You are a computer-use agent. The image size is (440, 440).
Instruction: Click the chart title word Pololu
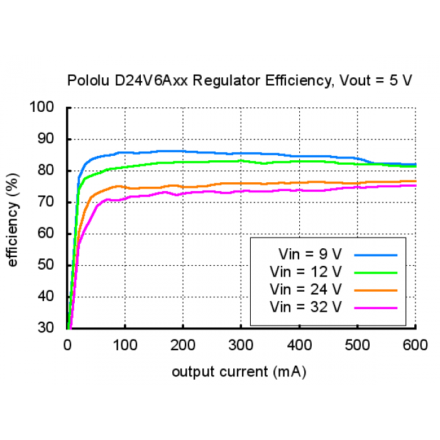[87, 80]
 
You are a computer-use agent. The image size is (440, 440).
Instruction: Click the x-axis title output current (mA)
[239, 371]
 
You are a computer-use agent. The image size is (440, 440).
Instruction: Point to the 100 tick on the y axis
[48, 107]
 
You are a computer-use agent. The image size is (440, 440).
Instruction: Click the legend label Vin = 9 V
[310, 255]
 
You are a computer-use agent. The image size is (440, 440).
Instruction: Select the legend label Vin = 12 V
[306, 272]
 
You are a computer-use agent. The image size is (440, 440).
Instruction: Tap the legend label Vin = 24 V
[306, 290]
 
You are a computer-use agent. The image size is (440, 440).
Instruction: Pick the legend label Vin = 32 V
[306, 307]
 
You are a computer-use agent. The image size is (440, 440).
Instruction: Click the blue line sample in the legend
[376, 255]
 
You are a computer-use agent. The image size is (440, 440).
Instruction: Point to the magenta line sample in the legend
[376, 308]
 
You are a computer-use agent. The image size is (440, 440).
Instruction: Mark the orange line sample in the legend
[376, 290]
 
